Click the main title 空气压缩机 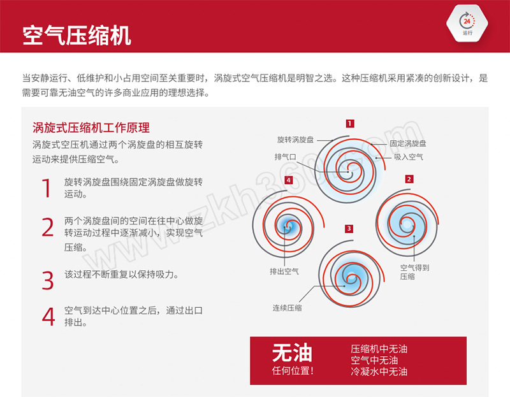[76, 36]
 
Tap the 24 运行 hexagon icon [467, 24]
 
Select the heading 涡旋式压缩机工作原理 [91, 128]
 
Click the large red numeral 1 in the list [47, 188]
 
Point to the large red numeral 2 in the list [48, 227]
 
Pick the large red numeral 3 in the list [48, 280]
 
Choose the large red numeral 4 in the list [48, 316]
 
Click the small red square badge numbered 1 [350, 124]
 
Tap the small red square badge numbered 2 [409, 179]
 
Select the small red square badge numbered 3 [349, 229]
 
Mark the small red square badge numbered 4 [289, 180]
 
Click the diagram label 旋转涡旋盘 [295, 140]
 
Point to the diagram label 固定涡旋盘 [408, 143]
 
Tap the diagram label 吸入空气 [409, 157]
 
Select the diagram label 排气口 [285, 157]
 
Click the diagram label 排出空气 [284, 271]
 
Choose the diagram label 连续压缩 [288, 308]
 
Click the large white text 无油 [292, 353]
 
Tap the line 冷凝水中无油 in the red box [379, 372]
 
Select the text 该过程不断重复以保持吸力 [121, 275]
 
